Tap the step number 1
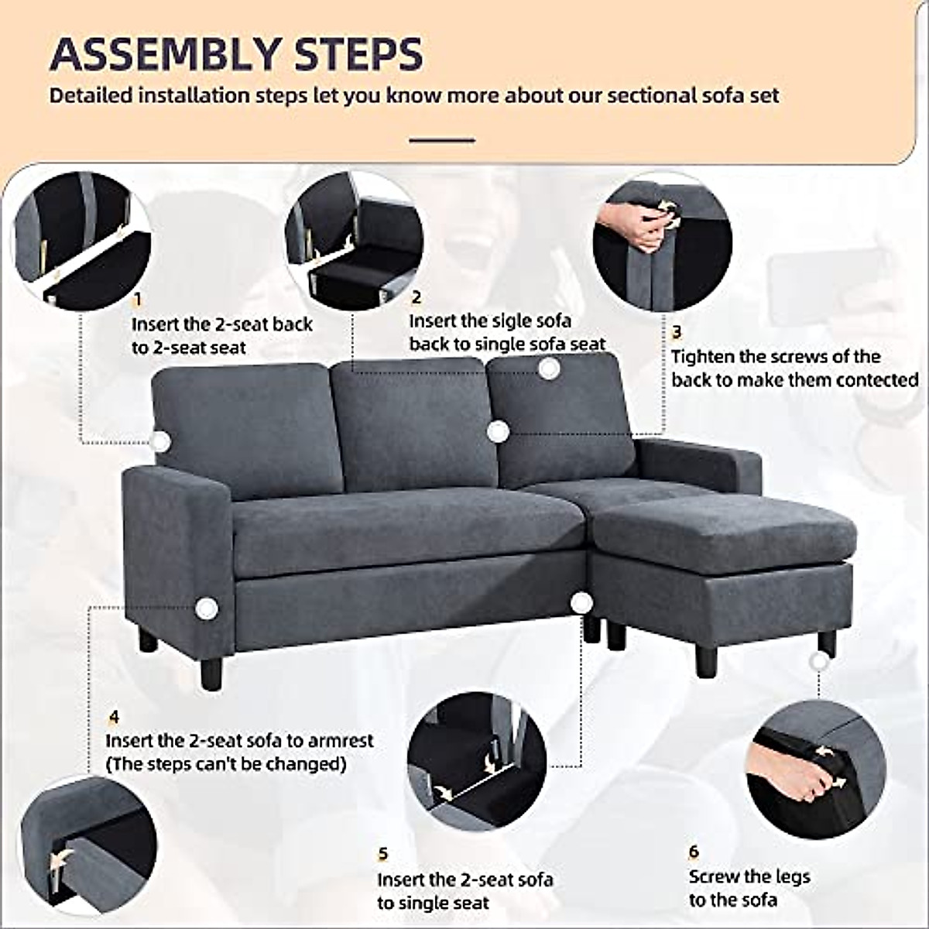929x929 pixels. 138,300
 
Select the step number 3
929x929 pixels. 677,333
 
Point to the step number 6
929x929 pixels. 694,852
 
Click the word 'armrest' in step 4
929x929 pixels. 341,741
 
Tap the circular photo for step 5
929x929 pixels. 477,761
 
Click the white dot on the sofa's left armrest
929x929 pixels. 206,608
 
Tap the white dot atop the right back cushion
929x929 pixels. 549,369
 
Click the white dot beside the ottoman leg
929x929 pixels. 819,662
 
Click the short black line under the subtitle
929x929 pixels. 441,140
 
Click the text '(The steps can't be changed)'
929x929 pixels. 226,764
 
